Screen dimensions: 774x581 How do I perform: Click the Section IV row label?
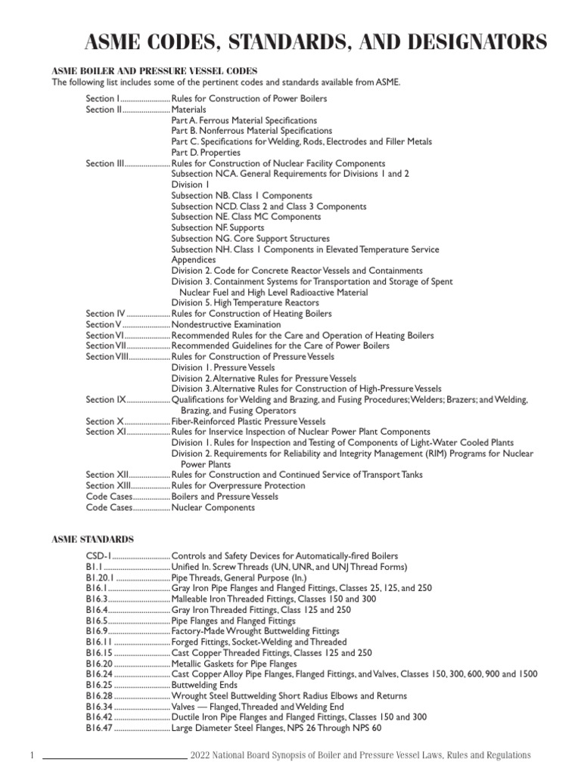click(x=105, y=313)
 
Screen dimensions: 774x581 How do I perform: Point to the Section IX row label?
click(x=105, y=399)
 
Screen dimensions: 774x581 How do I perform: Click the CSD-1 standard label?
click(x=98, y=556)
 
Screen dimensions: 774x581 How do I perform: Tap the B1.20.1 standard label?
click(x=101, y=577)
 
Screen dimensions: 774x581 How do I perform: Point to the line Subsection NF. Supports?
click(x=218, y=228)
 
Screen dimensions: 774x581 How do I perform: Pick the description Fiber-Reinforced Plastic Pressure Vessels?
click(x=249, y=421)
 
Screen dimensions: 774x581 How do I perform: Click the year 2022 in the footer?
click(x=204, y=755)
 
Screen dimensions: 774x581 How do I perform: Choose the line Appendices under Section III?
click(x=194, y=259)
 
